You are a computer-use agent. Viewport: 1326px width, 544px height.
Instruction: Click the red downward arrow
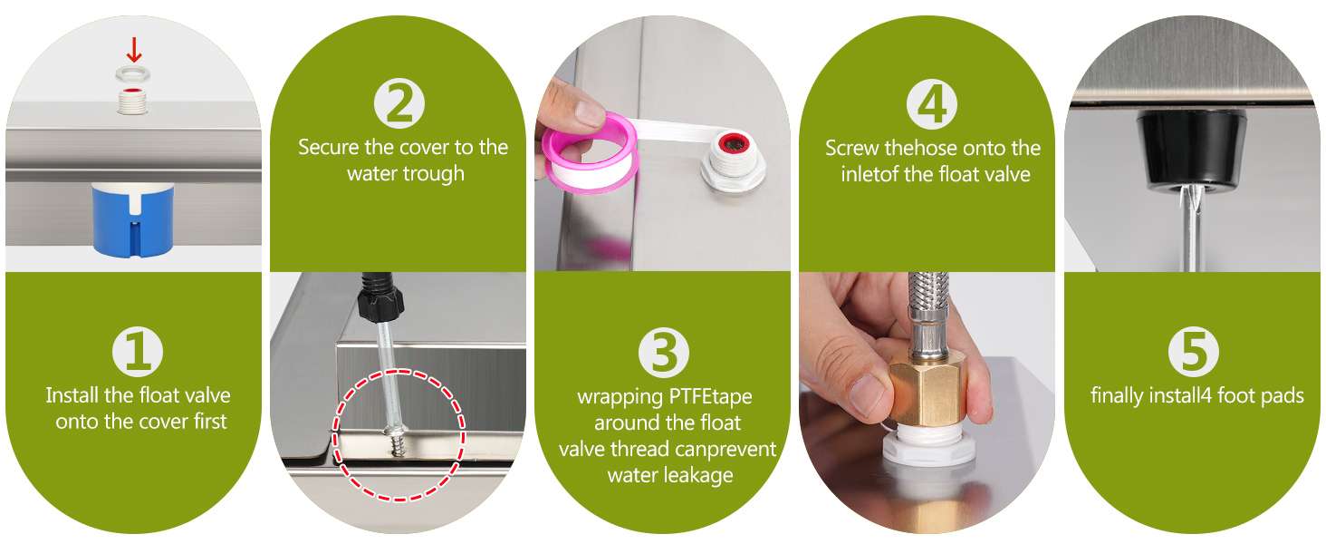click(x=134, y=50)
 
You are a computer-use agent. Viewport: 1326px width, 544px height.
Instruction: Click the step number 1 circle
click(x=138, y=352)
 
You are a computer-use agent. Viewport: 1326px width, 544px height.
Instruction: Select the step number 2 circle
click(x=399, y=103)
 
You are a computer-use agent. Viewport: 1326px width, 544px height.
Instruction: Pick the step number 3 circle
click(x=664, y=353)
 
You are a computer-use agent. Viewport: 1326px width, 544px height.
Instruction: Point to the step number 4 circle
click(x=932, y=103)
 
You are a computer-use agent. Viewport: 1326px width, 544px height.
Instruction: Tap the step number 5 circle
click(x=1194, y=352)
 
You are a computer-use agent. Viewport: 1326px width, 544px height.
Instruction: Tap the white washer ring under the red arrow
click(x=132, y=74)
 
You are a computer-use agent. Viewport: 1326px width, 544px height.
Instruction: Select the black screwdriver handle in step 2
click(x=379, y=296)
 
